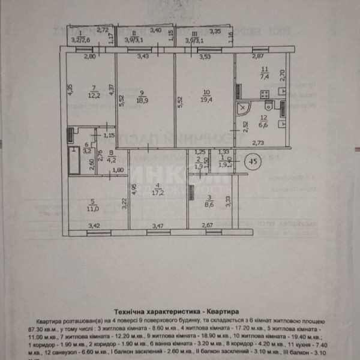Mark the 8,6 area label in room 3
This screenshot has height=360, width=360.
pyautogui.click(x=209, y=205)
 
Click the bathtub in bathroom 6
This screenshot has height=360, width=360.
pyautogui.click(x=74, y=160)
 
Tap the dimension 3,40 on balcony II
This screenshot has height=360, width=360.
pyautogui.click(x=155, y=30)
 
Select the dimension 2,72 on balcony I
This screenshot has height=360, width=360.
pyautogui.click(x=102, y=29)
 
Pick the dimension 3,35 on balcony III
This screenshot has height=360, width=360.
pyautogui.click(x=215, y=31)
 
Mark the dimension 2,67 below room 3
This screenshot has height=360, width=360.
pyautogui.click(x=206, y=226)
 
